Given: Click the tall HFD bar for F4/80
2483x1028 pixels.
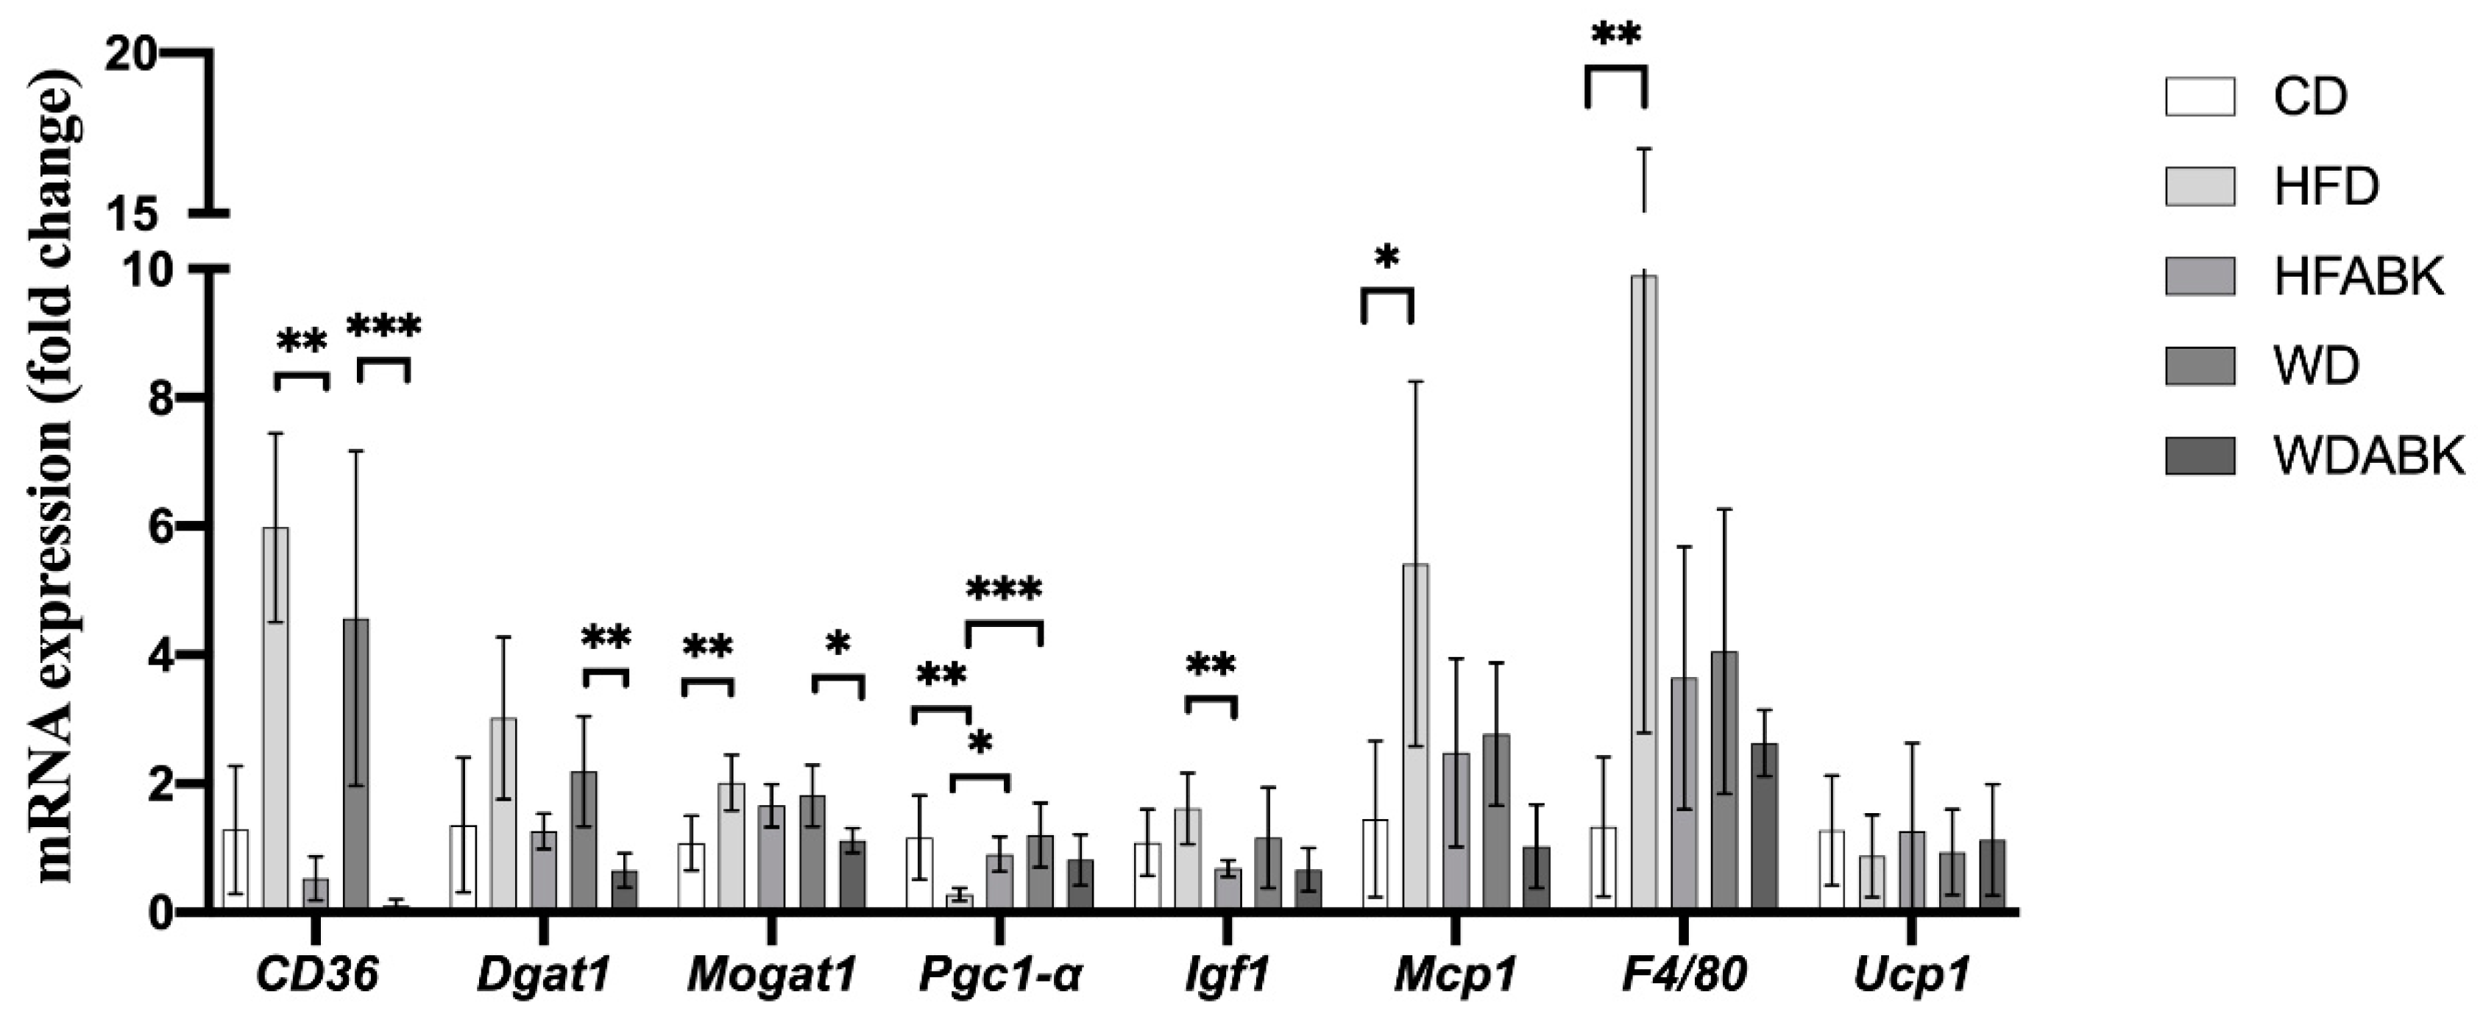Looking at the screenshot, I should (x=1643, y=592).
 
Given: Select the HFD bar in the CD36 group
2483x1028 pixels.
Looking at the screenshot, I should (x=276, y=717).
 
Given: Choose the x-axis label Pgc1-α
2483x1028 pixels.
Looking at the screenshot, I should (x=999, y=976).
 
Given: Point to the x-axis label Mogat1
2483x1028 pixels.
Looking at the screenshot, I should (x=771, y=976).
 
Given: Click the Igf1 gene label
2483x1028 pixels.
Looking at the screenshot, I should (x=1226, y=976).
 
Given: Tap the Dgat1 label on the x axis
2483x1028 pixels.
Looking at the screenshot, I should (x=544, y=976).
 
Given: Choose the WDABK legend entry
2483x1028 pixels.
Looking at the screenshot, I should (x=2367, y=455).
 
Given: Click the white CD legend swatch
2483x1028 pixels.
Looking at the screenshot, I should (x=2200, y=96).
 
